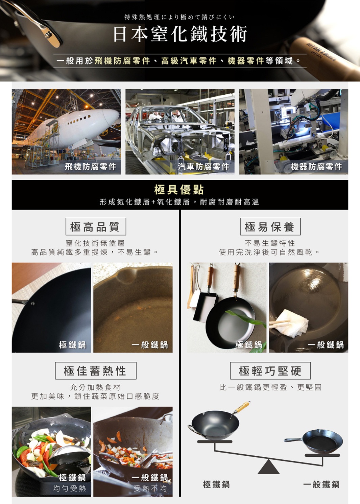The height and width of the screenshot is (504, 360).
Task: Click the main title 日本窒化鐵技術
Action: click(x=180, y=34)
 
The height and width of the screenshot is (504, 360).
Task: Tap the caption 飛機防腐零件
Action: click(x=91, y=166)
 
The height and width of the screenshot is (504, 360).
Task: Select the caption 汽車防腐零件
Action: click(x=204, y=166)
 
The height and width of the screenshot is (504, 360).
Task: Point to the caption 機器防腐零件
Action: click(x=317, y=166)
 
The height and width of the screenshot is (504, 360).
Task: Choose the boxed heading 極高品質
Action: click(x=95, y=226)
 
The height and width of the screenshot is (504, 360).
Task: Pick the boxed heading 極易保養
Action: click(x=270, y=226)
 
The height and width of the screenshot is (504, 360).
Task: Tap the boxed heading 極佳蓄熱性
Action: click(x=95, y=371)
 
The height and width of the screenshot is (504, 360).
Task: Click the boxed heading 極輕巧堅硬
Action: click(x=270, y=371)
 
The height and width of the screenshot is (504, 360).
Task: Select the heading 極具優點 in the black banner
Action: click(x=179, y=190)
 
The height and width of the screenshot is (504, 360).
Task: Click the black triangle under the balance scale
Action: click(x=268, y=467)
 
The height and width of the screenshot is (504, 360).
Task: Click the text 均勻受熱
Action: click(x=69, y=488)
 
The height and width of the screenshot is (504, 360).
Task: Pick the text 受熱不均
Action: click(x=150, y=488)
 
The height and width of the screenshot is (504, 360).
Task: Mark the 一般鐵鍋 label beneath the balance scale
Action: click(x=321, y=484)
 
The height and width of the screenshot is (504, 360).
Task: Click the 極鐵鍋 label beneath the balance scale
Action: click(x=216, y=484)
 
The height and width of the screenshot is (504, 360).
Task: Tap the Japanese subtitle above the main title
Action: click(x=179, y=17)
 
